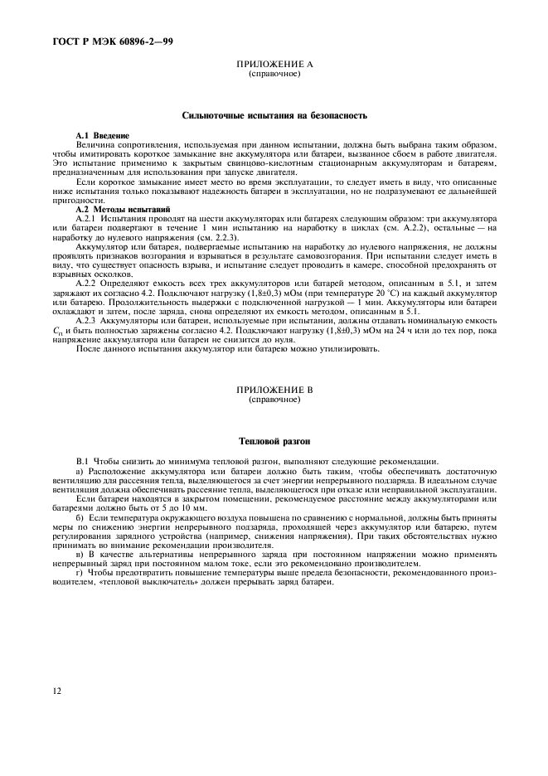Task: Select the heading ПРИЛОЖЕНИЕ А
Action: (274, 64)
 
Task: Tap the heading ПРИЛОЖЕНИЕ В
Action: (274, 389)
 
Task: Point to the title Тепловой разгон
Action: (274, 440)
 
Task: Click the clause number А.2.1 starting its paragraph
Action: (88, 217)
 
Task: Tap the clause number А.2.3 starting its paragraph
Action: (88, 319)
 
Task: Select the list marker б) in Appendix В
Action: (80, 515)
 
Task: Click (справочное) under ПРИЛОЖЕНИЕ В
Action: (274, 399)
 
